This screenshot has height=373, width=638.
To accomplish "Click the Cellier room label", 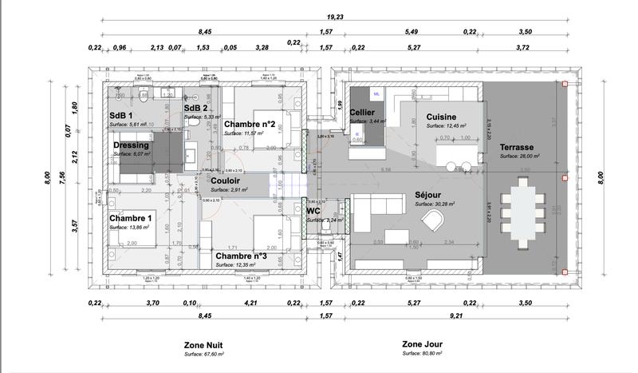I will [363, 112].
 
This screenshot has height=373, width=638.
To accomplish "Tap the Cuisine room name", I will [441, 117].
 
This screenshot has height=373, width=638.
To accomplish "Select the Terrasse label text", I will [517, 148].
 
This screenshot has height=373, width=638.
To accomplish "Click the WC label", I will [313, 211].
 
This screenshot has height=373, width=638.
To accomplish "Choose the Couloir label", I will [227, 181].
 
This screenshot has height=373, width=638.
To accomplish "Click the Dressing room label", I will [132, 145].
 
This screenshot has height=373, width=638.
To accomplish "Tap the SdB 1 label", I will [123, 116].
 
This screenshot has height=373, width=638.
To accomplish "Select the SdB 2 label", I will [196, 108].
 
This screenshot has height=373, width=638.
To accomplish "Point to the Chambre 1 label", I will [131, 218].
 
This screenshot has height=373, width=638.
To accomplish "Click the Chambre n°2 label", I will [250, 124].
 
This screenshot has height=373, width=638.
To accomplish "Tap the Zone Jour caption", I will [423, 344].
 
